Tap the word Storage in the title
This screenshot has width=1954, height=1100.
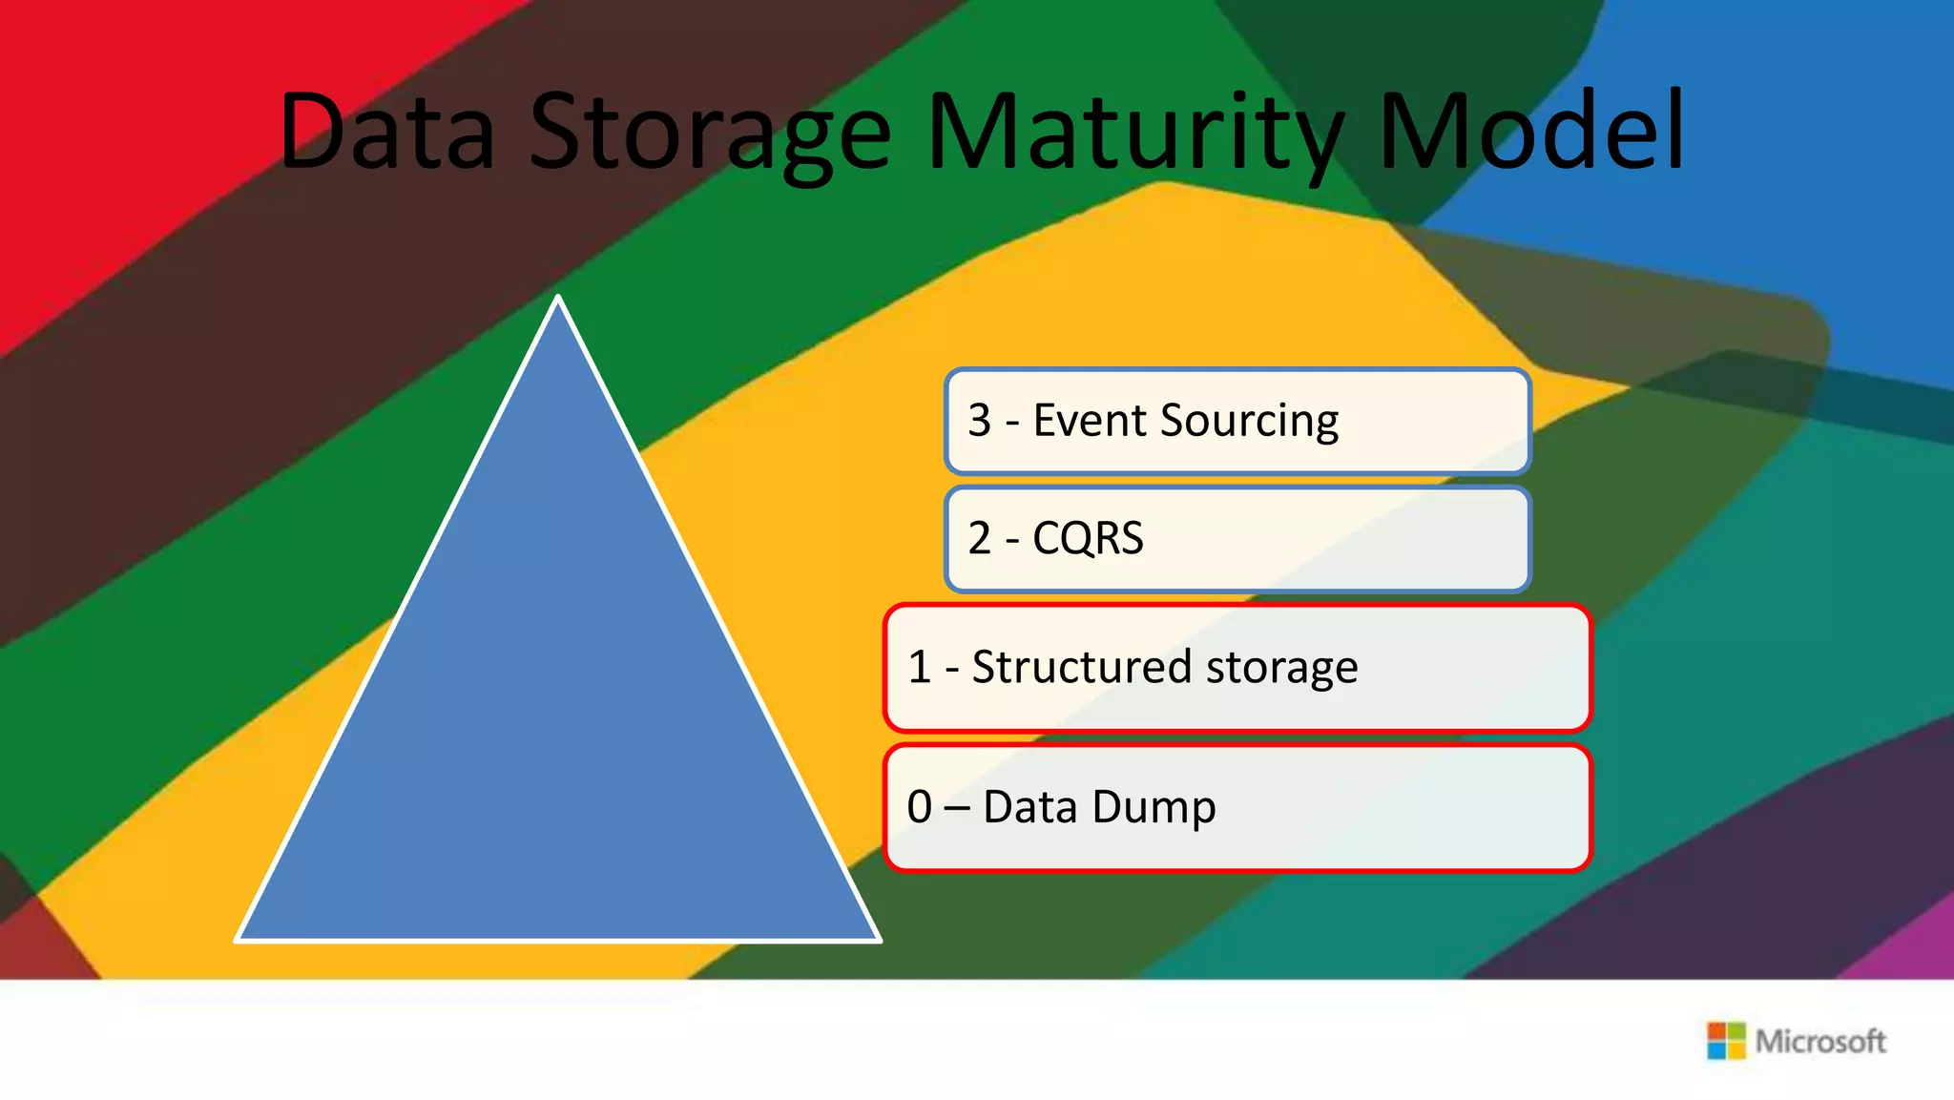(x=710, y=134)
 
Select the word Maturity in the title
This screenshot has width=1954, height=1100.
(x=1135, y=134)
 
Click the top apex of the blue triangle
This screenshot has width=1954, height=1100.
(x=558, y=300)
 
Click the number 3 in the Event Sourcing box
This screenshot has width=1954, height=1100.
(x=980, y=421)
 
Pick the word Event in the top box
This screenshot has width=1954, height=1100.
(x=1090, y=421)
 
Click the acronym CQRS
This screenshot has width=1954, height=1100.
(x=1088, y=539)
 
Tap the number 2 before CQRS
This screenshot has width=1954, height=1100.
(x=980, y=539)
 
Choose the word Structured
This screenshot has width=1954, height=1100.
(x=1082, y=666)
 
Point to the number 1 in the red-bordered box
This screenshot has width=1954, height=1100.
(x=920, y=667)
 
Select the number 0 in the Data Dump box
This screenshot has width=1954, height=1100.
(x=920, y=807)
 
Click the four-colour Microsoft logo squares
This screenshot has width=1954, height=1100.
(x=1725, y=1041)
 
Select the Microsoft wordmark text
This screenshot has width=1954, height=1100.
(x=1820, y=1041)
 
